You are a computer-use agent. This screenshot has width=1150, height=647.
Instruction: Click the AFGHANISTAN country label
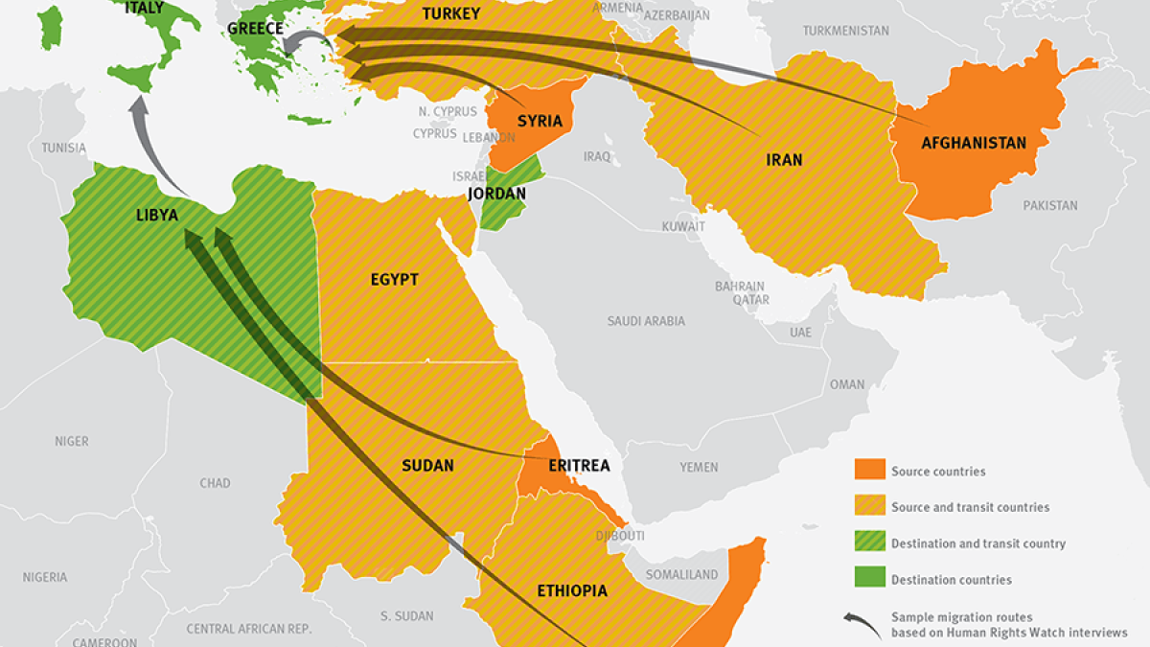pos(973,144)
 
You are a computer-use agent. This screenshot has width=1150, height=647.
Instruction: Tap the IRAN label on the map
pos(784,160)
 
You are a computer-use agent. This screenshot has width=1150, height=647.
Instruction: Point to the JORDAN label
pos(496,194)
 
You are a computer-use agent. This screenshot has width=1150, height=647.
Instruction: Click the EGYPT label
pos(394,280)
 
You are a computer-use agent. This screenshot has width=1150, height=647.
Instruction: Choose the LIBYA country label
pos(157,215)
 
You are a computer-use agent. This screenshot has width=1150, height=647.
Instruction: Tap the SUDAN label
pos(427,466)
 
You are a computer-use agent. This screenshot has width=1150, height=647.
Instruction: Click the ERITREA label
pos(579,466)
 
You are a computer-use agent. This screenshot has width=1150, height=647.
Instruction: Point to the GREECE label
pos(255,29)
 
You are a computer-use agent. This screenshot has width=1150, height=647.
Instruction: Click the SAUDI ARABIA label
pos(646,321)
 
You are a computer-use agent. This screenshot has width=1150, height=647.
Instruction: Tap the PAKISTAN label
pos(1049,205)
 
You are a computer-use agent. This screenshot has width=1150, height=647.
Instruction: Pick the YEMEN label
pos(699,467)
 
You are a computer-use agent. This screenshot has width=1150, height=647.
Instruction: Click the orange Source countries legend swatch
pos(868,470)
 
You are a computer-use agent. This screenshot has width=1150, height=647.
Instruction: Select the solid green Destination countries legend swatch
pos(868,579)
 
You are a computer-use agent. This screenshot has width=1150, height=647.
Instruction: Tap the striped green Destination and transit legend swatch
pos(868,543)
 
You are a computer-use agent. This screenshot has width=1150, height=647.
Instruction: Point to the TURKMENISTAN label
pos(845,31)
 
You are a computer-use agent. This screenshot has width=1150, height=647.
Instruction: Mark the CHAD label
pos(215,483)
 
